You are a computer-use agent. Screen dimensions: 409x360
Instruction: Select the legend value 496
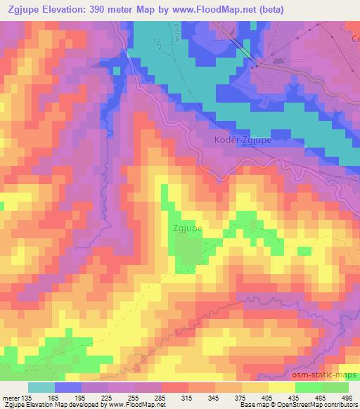[345, 397]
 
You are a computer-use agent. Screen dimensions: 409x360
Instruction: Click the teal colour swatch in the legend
[41, 387]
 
